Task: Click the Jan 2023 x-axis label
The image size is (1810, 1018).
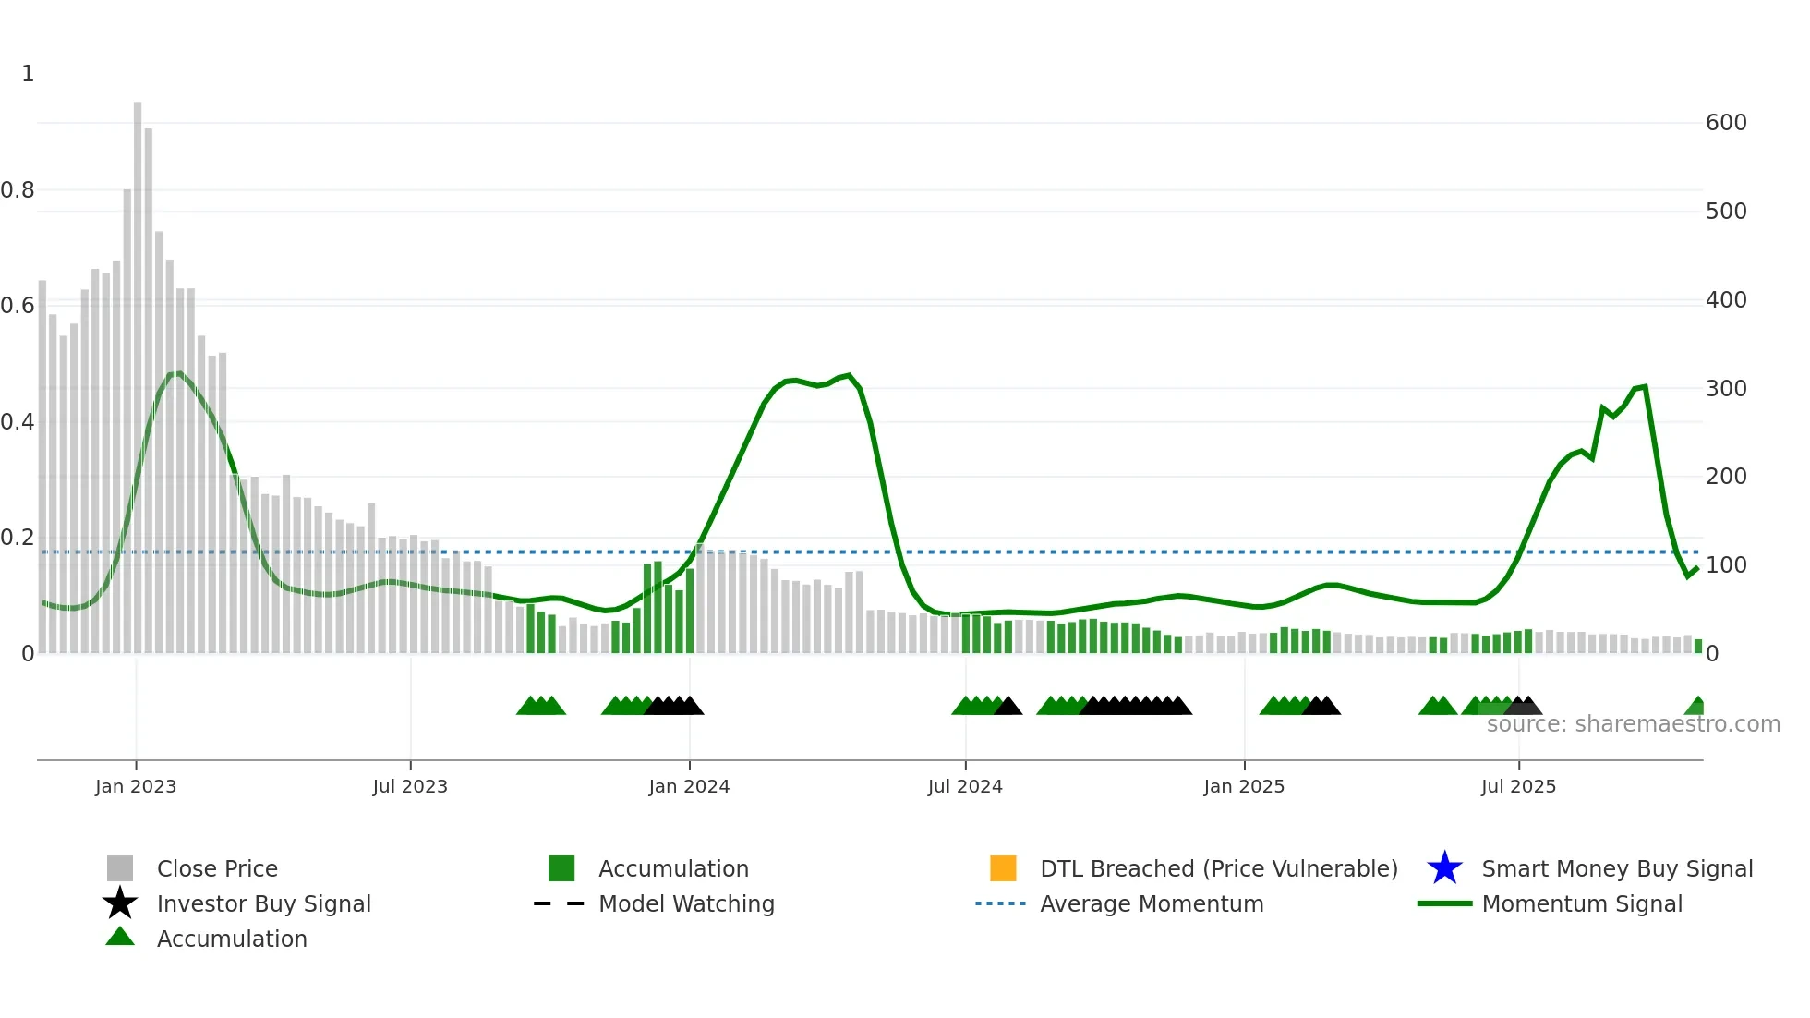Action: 135,786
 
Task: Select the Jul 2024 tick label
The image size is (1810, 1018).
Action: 964,786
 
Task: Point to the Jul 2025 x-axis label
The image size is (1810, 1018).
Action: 1517,786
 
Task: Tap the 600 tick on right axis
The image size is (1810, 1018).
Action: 1725,123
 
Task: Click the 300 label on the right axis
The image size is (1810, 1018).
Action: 1725,388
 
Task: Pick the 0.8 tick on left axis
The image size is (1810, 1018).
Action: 18,190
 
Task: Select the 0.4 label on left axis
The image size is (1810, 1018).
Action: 18,422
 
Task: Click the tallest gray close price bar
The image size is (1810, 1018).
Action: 138,370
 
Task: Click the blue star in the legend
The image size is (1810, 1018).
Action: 1444,868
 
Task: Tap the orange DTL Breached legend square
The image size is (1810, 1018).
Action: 1002,868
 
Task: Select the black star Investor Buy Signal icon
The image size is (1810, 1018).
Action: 120,903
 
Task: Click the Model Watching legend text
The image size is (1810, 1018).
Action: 686,903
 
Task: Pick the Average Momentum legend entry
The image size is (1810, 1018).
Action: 1151,903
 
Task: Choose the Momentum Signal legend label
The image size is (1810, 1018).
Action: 1581,903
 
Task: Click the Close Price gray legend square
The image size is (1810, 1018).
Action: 120,868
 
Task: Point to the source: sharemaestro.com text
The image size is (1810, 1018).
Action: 1633,724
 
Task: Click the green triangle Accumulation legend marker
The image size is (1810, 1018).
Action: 120,937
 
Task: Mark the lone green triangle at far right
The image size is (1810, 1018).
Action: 1695,707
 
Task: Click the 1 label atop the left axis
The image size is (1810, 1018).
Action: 28,74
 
